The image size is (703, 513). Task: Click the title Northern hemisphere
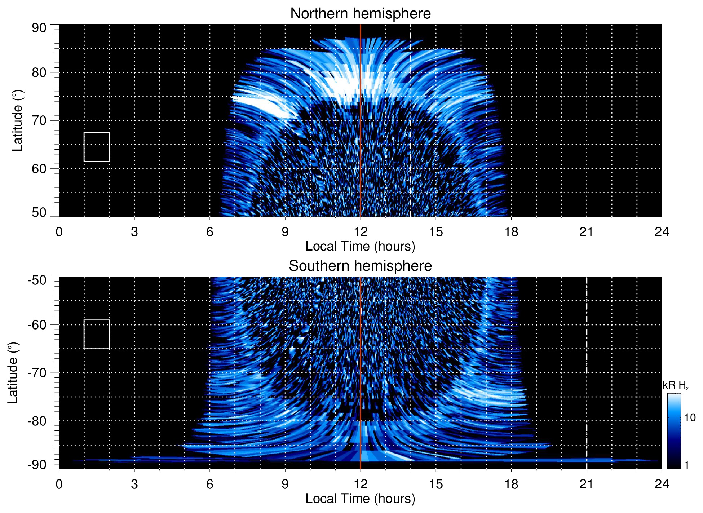[x=360, y=14]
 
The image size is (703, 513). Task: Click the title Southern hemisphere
[x=360, y=266]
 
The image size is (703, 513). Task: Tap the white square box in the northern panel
[x=97, y=147]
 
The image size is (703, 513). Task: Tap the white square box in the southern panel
[x=97, y=334]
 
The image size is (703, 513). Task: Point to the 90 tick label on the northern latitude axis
[x=39, y=28]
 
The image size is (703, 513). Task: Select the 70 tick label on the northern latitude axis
[x=39, y=120]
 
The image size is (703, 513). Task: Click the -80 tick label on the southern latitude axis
[x=37, y=421]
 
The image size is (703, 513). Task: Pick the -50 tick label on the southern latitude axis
[x=37, y=280]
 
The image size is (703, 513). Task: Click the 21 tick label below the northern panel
[x=587, y=232]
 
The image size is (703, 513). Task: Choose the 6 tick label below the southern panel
[x=210, y=484]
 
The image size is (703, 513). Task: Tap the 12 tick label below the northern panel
[x=361, y=232]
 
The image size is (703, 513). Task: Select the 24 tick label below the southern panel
[x=662, y=484]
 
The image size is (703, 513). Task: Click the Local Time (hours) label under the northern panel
[x=360, y=246]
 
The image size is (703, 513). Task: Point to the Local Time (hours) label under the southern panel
[x=360, y=499]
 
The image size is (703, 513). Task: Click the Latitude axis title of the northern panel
[x=17, y=120]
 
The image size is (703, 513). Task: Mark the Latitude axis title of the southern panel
[x=13, y=373]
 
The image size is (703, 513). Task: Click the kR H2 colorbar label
[x=676, y=385]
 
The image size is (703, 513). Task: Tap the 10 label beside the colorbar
[x=690, y=417]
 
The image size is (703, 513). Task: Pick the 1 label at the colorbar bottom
[x=686, y=465]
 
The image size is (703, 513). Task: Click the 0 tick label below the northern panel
[x=59, y=232]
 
